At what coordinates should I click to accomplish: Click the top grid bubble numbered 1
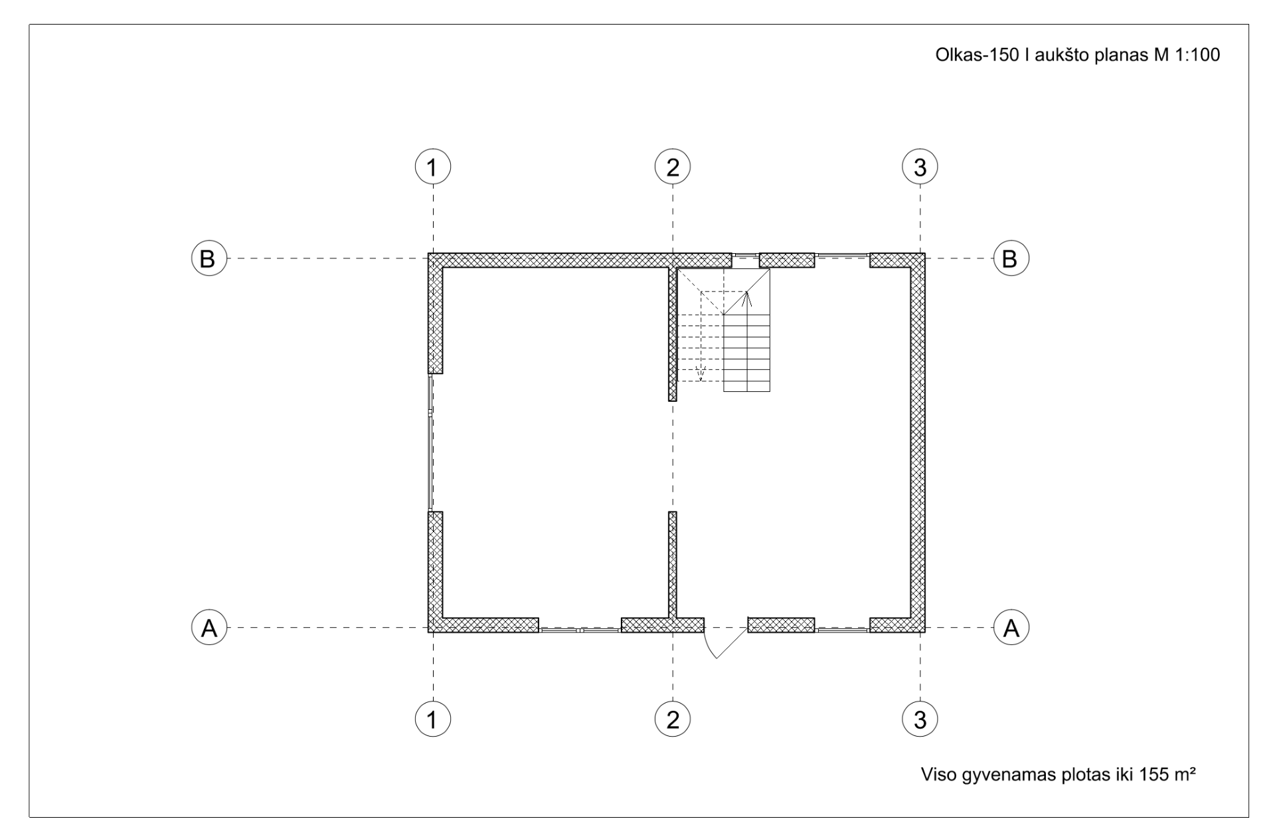(x=433, y=167)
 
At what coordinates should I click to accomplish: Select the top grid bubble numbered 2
(x=673, y=167)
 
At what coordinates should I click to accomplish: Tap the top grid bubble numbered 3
(x=920, y=167)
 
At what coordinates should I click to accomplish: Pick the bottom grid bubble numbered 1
(x=433, y=719)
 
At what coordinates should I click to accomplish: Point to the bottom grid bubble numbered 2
(x=673, y=719)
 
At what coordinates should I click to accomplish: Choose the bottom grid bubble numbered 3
(x=920, y=719)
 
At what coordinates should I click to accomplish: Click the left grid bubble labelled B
(x=209, y=258)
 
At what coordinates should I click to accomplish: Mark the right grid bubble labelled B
(x=1011, y=258)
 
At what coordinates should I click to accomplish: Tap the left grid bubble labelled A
(x=209, y=627)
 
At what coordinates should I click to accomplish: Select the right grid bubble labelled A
(x=1011, y=627)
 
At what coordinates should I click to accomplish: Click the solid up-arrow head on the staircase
(x=746, y=298)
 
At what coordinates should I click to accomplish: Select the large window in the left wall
(x=431, y=442)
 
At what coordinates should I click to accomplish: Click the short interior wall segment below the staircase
(x=673, y=564)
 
